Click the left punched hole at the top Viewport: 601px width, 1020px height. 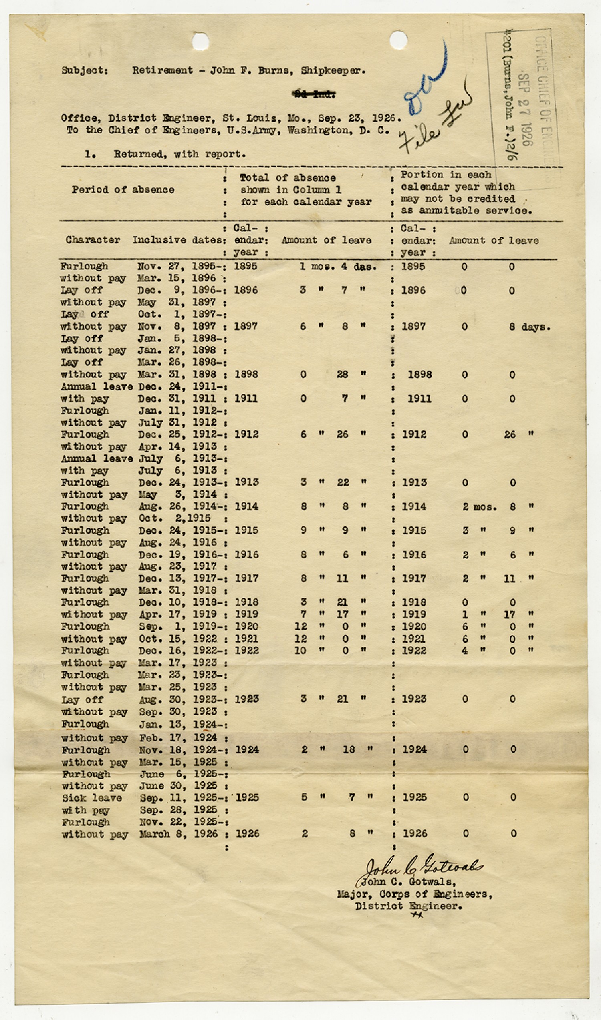[200, 42]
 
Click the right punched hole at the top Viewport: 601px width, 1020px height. [399, 40]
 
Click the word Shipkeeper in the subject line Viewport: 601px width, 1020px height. [333, 71]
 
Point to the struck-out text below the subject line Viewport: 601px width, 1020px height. [314, 95]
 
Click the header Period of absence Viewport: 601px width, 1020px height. [123, 189]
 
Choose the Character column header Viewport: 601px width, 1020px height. [93, 240]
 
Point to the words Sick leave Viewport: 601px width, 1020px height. [92, 798]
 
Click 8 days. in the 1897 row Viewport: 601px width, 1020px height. [530, 327]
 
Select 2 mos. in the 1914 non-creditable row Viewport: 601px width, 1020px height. [480, 506]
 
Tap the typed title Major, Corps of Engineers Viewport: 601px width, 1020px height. [414, 894]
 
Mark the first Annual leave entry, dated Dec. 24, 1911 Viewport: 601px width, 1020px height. [97, 387]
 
